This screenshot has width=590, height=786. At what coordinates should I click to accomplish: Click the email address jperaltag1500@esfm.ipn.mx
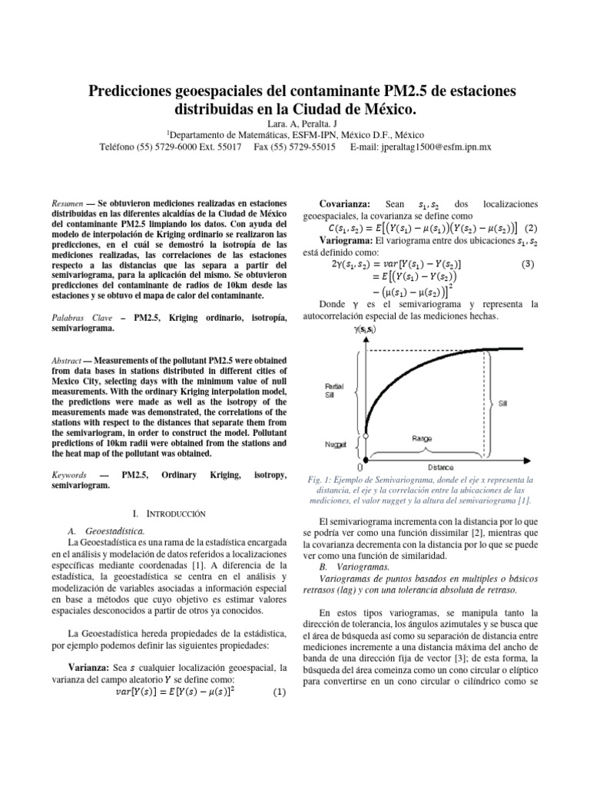point(430,145)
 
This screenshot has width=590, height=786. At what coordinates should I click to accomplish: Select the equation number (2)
point(529,228)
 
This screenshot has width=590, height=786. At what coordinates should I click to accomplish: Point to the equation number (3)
point(527,264)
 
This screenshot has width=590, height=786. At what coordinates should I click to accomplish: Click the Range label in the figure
point(422,438)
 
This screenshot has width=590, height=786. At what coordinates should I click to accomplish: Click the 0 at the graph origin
point(360,466)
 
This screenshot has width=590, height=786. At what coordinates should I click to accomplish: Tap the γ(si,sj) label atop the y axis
point(365,308)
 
